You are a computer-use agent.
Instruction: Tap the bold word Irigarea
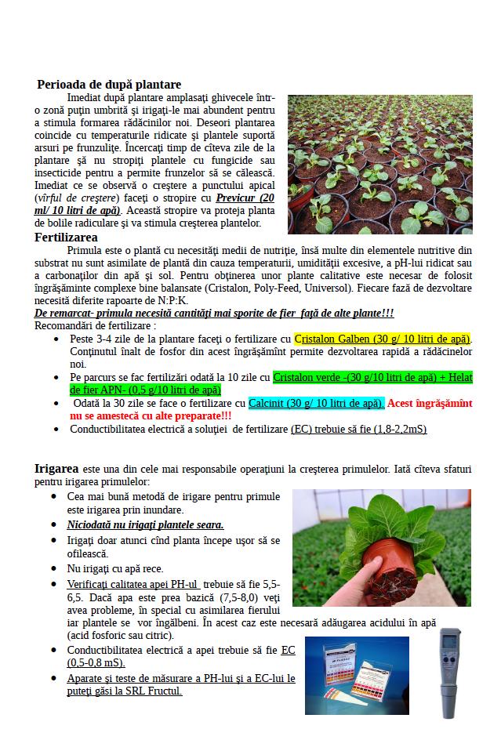56,469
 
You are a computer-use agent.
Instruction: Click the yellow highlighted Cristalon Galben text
383,339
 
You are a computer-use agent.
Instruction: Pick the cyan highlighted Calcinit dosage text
316,403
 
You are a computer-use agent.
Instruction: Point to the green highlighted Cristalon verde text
372,377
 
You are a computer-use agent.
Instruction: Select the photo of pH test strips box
357,675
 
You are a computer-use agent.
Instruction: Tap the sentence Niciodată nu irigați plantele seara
146,524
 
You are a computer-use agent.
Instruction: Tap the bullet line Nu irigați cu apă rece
115,568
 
